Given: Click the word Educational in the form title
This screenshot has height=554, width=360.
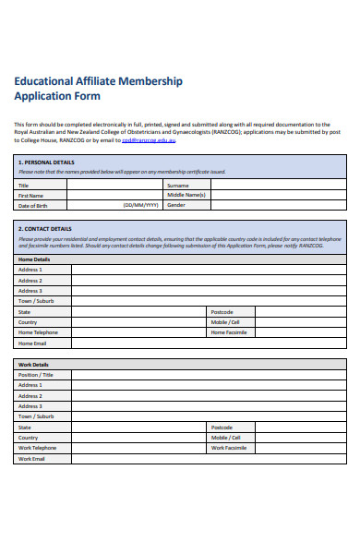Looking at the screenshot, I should pyautogui.click(x=43, y=81).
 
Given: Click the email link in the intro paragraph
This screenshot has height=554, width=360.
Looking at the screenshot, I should pyautogui.click(x=149, y=140).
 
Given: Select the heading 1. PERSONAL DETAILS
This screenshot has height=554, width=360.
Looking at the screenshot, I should pyautogui.click(x=46, y=162).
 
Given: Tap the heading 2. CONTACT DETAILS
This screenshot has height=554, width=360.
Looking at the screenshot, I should pyautogui.click(x=44, y=228).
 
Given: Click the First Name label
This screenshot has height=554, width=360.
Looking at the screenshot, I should pyautogui.click(x=30, y=195).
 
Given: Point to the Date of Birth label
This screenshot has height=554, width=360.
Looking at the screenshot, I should pyautogui.click(x=32, y=205).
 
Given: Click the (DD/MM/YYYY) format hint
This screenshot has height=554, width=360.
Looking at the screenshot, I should pyautogui.click(x=140, y=205).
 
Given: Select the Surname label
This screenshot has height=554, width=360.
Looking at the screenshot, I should pyautogui.click(x=178, y=185).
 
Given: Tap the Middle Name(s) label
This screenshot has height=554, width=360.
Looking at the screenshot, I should pyautogui.click(x=186, y=195).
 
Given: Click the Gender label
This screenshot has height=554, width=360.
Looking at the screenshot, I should pyautogui.click(x=176, y=205).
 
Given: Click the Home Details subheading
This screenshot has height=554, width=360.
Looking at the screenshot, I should pyautogui.click(x=35, y=259).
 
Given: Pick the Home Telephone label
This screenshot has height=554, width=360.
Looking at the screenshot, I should pyautogui.click(x=38, y=332).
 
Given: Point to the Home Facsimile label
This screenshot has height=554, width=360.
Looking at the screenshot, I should pyautogui.click(x=229, y=332).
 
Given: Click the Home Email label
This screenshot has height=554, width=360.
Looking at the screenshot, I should pyautogui.click(x=32, y=343).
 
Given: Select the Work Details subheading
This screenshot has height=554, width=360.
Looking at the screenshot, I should pyautogui.click(x=34, y=365).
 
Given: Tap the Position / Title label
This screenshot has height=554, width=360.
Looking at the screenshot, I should pyautogui.click(x=36, y=375).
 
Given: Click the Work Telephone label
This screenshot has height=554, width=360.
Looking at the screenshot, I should pyautogui.click(x=38, y=448).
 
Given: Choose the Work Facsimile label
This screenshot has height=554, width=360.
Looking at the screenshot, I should pyautogui.click(x=229, y=448).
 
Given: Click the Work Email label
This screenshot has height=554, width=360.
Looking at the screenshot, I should pyautogui.click(x=32, y=459).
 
